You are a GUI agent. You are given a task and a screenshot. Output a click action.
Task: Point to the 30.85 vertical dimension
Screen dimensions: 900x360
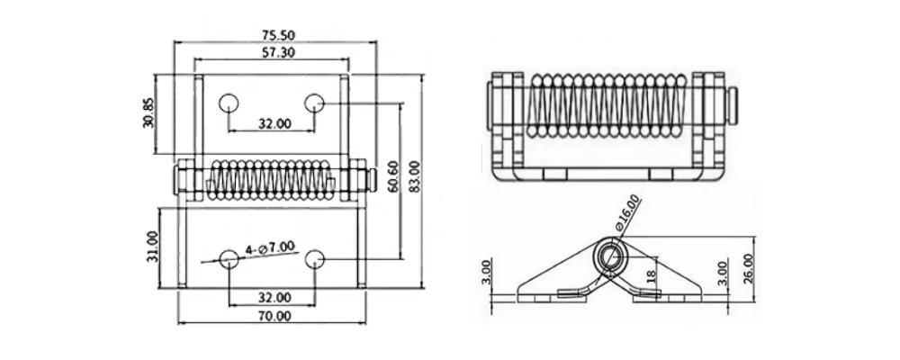pyautogui.click(x=149, y=113)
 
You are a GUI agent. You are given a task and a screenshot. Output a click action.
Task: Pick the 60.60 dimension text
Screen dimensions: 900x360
pyautogui.click(x=393, y=176)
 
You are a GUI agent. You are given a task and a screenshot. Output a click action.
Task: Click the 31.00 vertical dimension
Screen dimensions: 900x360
pyautogui.click(x=152, y=247)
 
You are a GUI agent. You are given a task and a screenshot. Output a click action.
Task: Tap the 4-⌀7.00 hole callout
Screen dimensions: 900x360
pyautogui.click(x=269, y=248)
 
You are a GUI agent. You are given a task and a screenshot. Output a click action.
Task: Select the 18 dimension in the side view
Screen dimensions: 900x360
pyautogui.click(x=651, y=276)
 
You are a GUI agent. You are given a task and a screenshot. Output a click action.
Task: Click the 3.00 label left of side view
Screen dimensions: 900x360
pyautogui.click(x=486, y=273)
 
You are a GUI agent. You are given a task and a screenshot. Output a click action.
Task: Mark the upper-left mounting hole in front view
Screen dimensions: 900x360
pyautogui.click(x=229, y=103)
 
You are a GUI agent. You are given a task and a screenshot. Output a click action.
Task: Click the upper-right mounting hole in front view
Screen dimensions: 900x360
pyautogui.click(x=314, y=103)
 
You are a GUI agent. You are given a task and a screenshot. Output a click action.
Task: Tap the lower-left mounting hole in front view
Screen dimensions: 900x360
pyautogui.click(x=229, y=259)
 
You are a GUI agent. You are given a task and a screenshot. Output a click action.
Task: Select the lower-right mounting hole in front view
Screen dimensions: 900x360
pyautogui.click(x=314, y=259)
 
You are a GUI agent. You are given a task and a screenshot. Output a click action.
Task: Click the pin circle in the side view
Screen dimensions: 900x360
pyautogui.click(x=610, y=256)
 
